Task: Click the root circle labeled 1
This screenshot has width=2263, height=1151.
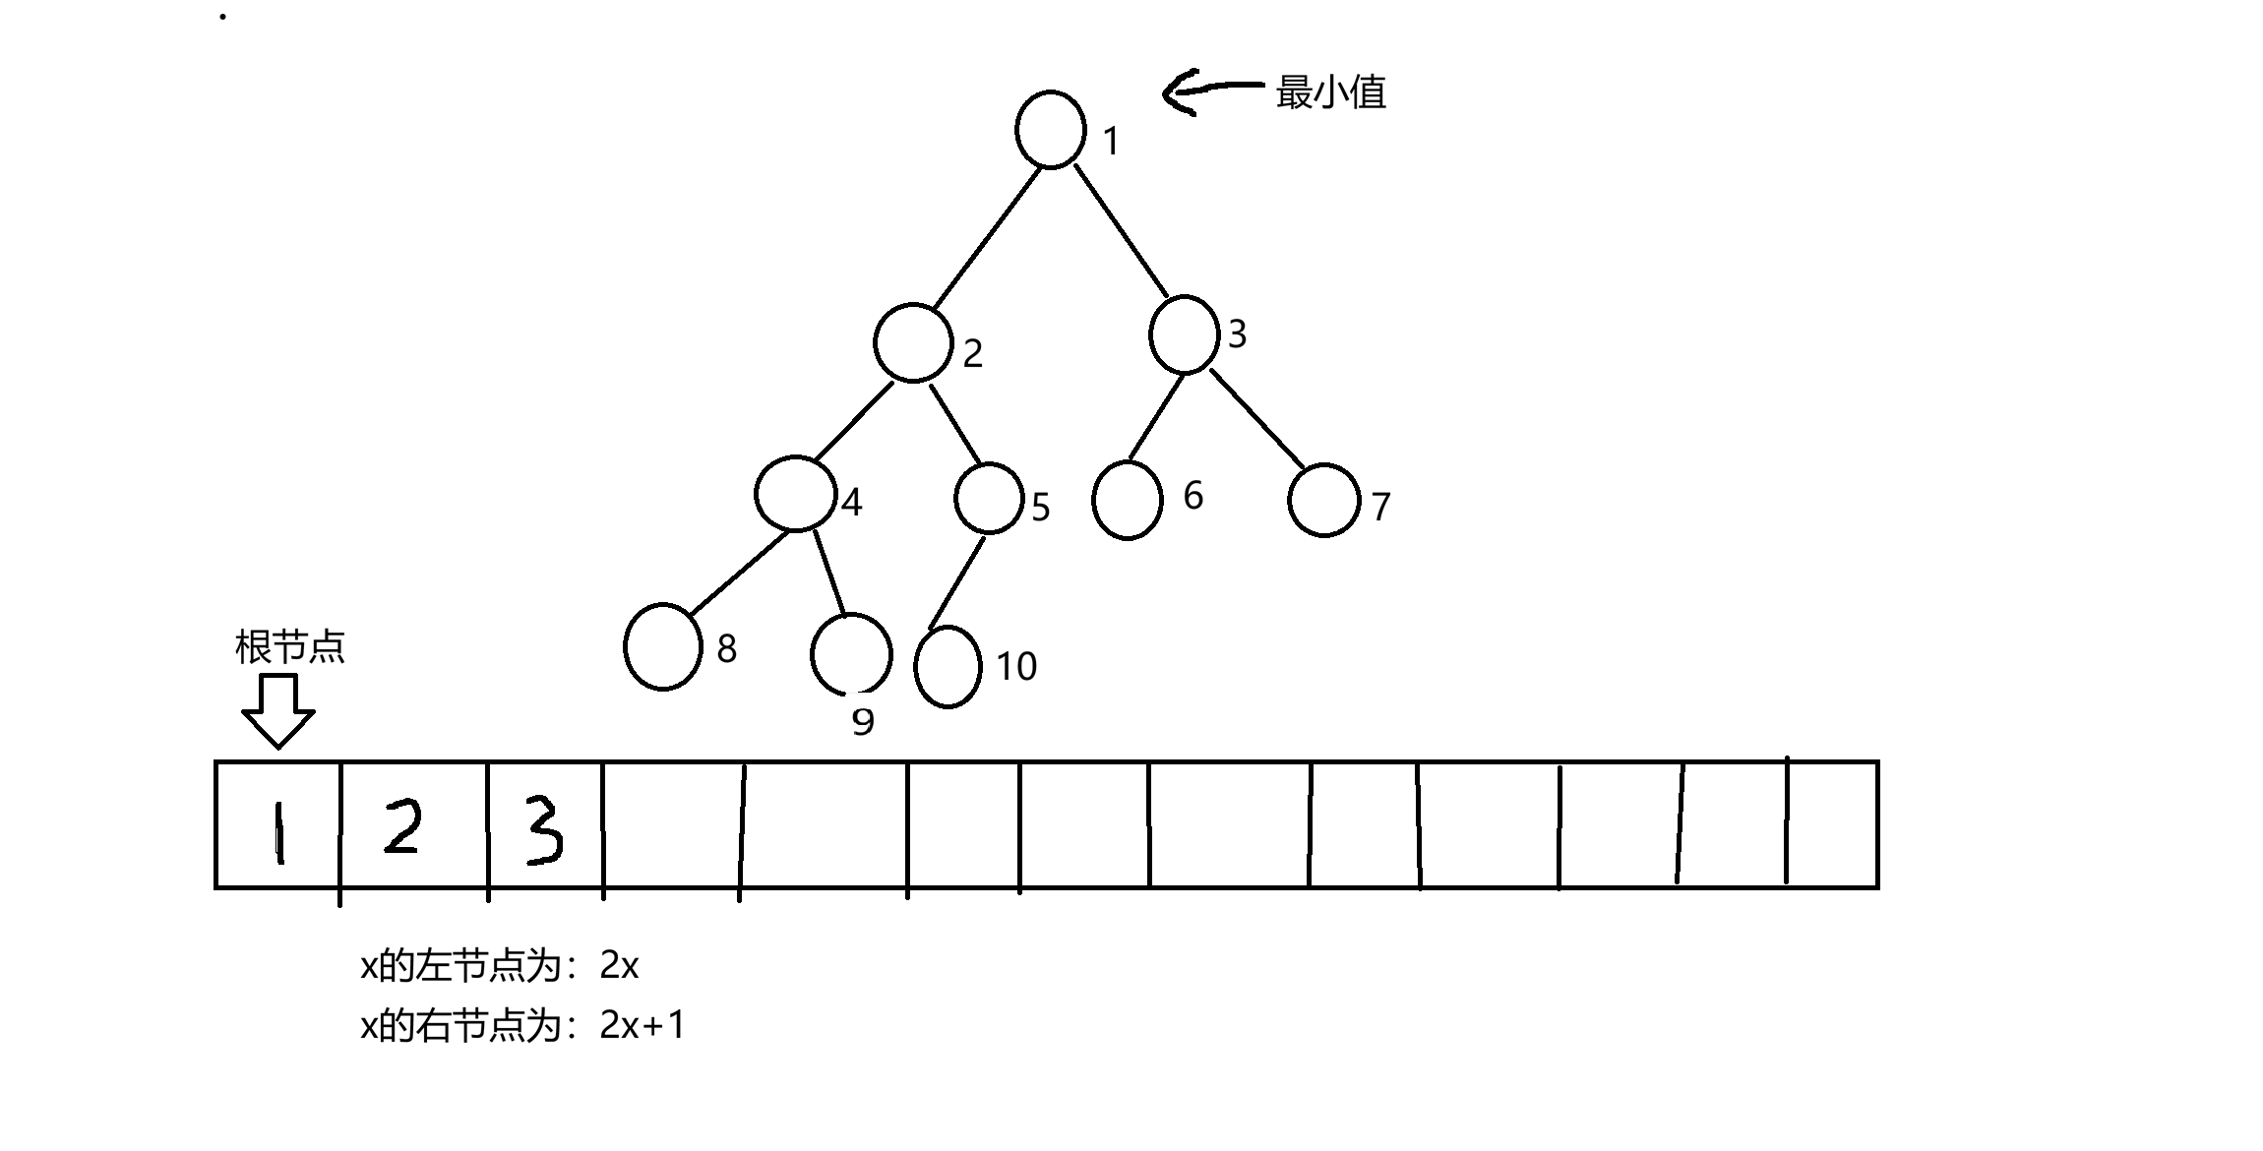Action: coord(1050,130)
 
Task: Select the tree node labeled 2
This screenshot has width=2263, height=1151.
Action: coord(912,342)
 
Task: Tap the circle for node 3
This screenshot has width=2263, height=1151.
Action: coord(1184,334)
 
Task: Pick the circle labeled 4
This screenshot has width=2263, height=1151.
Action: coord(796,494)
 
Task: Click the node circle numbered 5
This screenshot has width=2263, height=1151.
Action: coord(989,499)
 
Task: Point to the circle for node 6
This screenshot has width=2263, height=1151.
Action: coord(1128,500)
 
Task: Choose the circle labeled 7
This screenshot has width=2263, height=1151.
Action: coord(1323,500)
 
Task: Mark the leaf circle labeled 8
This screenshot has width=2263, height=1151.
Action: coord(662,646)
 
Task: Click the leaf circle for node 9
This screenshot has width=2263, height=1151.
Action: coord(851,653)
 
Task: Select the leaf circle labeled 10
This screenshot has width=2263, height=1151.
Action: coord(948,666)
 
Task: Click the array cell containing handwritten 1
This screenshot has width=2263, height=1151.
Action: coord(278,825)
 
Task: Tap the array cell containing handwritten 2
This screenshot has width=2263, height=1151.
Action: coord(414,825)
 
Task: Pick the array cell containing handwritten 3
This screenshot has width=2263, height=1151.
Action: coord(545,825)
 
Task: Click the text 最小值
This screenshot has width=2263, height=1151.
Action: coord(1330,92)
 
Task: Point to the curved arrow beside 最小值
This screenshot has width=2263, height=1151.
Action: coord(1210,91)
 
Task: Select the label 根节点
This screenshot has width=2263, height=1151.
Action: coord(290,647)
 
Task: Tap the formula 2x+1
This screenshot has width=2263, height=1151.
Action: coord(642,1026)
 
